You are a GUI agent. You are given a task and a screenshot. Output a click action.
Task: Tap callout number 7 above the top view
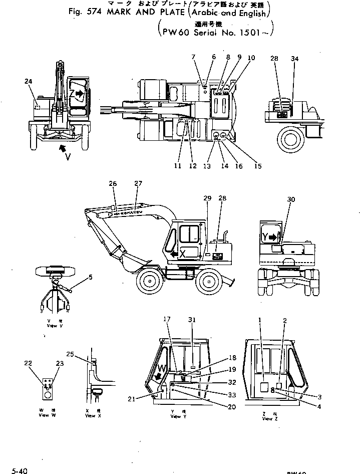(193, 58)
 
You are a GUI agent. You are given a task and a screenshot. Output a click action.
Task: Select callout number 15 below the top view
(257, 166)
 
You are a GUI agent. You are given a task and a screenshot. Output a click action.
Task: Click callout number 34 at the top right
(294, 59)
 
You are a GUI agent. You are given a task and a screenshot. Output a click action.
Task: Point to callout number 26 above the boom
(113, 184)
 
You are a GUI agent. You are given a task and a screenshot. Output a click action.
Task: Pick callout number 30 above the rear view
(291, 199)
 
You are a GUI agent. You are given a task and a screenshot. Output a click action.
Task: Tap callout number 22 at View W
(29, 364)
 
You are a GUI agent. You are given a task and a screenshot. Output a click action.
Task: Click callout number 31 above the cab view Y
(192, 320)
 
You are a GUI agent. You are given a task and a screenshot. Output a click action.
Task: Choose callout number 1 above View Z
(260, 320)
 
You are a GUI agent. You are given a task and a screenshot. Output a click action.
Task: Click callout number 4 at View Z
(319, 406)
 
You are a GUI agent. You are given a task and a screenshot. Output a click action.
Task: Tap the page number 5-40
(20, 470)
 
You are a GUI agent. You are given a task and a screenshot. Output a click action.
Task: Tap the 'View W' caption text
(46, 415)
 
